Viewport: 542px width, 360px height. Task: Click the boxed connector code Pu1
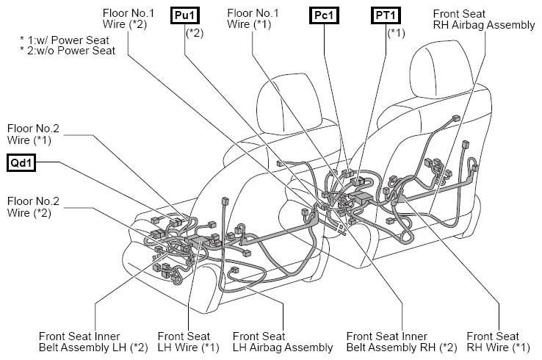coord(185,15)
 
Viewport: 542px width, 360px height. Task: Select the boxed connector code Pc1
coord(324,15)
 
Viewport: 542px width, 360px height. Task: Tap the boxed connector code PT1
coord(386,15)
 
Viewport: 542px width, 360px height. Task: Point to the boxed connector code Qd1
coord(21,163)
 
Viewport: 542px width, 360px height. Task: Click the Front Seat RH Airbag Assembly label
coord(483,19)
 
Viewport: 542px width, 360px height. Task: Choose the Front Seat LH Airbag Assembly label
coord(283,342)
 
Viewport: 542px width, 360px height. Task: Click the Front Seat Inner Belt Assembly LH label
coord(93,342)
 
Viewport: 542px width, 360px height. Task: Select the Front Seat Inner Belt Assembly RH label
coord(401,342)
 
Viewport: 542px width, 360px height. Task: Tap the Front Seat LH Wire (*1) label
coord(189,342)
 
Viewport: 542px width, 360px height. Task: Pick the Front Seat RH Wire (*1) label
coord(498,342)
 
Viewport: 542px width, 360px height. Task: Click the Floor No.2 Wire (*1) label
coord(33,134)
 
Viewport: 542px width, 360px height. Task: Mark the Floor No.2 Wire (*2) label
coord(33,206)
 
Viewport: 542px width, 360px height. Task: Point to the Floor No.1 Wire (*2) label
coord(129,18)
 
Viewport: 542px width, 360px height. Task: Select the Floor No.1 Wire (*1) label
coord(253,18)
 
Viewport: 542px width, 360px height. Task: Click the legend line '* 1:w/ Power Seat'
coord(65,40)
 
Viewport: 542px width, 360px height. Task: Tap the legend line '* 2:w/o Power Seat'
coord(68,51)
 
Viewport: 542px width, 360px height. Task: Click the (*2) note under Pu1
coord(195,33)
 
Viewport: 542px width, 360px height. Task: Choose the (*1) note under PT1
coord(396,33)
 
